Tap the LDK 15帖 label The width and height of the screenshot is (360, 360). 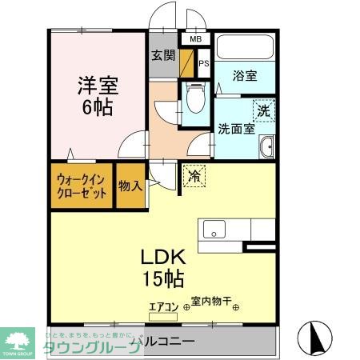click(163, 267)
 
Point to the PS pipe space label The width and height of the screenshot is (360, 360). click(203, 64)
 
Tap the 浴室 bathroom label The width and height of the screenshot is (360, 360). click(245, 77)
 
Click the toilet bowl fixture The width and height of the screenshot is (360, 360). click(194, 100)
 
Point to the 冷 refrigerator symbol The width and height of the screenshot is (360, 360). click(194, 176)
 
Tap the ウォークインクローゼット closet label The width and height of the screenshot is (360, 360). click(81, 186)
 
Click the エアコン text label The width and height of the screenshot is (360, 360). click(164, 304)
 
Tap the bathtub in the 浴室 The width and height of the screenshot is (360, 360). click(246, 50)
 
